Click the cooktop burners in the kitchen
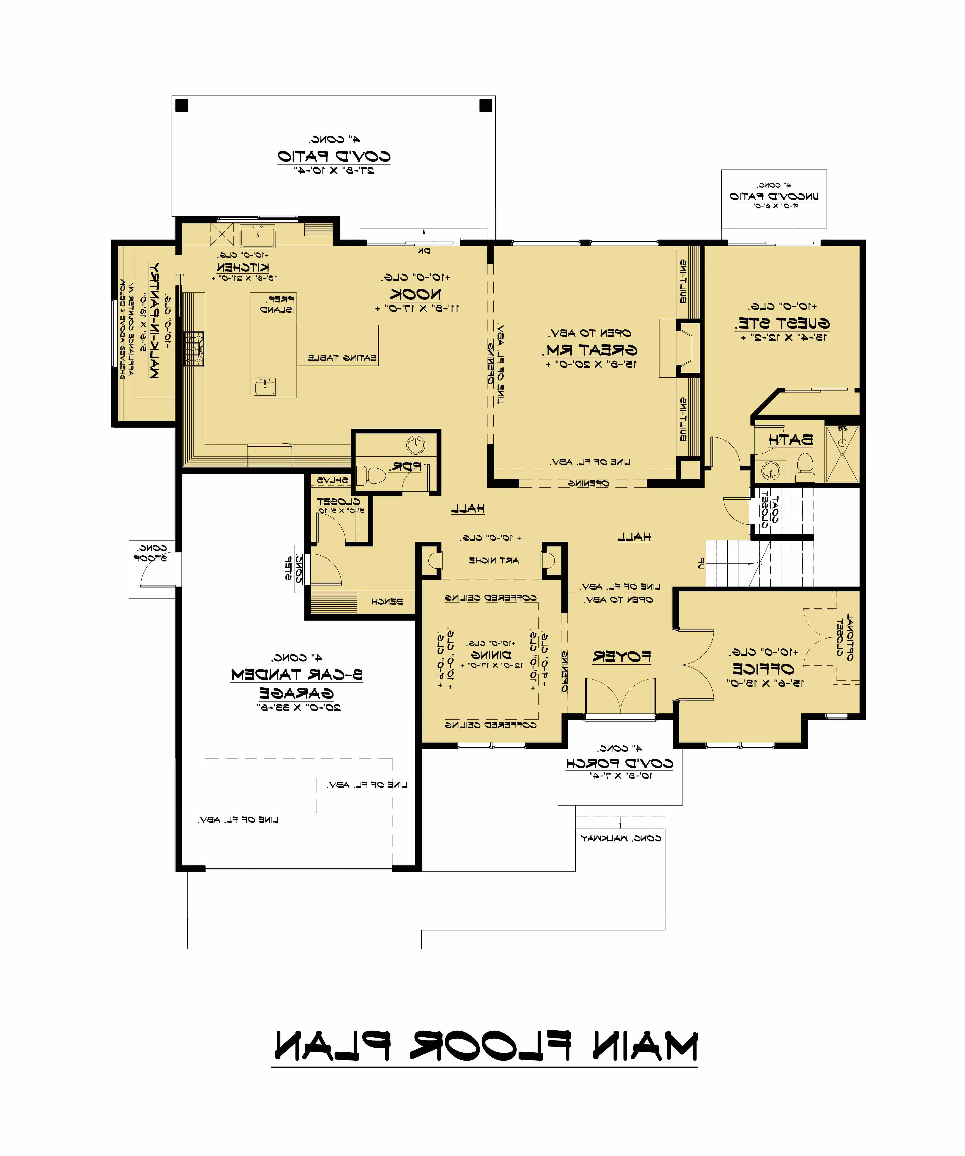point(194,349)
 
